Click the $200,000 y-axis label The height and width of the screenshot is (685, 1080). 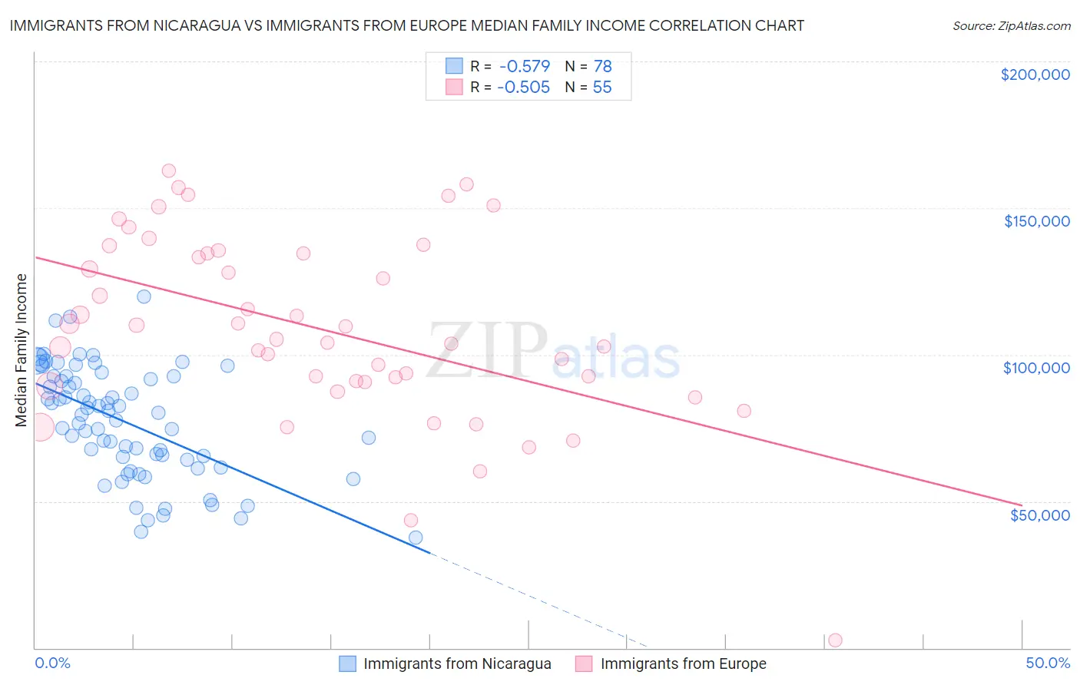coord(1035,74)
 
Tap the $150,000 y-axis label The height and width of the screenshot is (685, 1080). coord(1036,221)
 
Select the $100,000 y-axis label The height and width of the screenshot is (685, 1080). coord(1036,368)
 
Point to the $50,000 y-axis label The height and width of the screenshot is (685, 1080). coord(1039,515)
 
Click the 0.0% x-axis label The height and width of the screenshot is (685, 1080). coord(52,663)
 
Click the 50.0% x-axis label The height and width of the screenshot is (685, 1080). coord(1048,663)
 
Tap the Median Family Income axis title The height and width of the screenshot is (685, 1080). coord(22,350)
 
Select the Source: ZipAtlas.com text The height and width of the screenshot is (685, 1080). coord(1011,25)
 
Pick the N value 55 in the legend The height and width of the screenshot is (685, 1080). coord(602,88)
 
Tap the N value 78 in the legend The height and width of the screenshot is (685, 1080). coord(602,66)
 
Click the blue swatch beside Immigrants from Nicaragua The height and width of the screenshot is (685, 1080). coord(348,663)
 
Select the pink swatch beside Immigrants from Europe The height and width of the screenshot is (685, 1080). coord(585,663)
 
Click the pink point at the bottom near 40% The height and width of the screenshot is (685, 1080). coord(835,640)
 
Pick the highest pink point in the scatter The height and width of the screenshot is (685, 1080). coord(169,171)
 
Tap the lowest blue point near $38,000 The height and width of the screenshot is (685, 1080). coord(416,538)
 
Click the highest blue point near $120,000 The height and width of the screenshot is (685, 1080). coord(144,296)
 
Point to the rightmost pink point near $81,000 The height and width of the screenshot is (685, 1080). coord(744,411)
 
